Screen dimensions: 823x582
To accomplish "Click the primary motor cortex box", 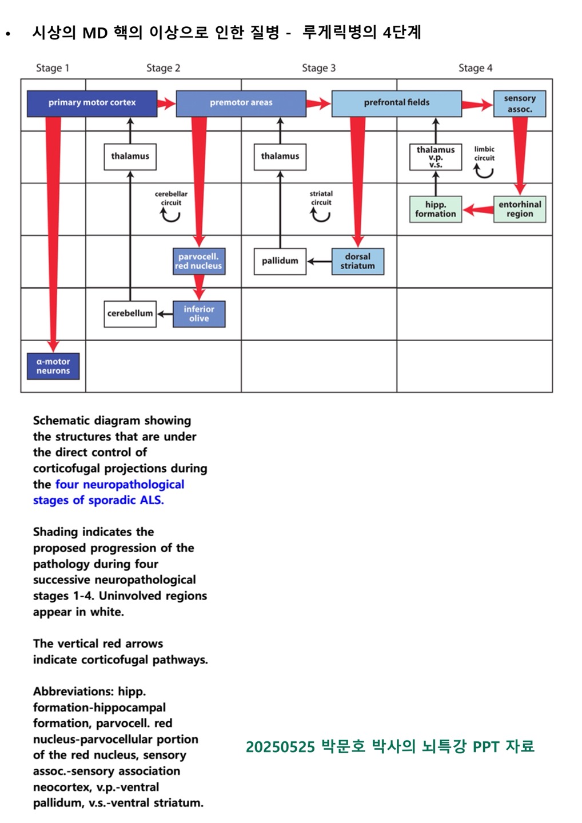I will (92, 103).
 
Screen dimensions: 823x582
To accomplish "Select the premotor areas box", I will (241, 103).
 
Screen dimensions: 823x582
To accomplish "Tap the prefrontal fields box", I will (396, 103).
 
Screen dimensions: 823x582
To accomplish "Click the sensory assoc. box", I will (519, 103).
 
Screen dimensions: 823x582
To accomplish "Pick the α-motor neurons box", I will (53, 366).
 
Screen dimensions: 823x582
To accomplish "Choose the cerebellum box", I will (130, 314).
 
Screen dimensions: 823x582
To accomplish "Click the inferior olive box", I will (199, 314).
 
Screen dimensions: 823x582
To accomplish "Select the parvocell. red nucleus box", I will (198, 261).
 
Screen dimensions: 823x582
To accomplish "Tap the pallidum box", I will (280, 261).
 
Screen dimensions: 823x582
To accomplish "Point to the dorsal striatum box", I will (357, 261).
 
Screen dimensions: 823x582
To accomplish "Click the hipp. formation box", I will (435, 209).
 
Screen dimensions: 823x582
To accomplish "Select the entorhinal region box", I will (519, 209).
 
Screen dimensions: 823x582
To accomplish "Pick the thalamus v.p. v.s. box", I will (435, 157).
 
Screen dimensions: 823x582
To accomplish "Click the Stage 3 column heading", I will (318, 68).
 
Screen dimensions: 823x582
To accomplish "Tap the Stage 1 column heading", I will (53, 68).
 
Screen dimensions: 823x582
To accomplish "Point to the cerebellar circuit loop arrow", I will (170, 215).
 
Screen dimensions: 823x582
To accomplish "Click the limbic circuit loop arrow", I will (484, 171).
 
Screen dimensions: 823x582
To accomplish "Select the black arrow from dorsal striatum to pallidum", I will (319, 262).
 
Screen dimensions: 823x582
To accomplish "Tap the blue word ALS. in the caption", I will (152, 500).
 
